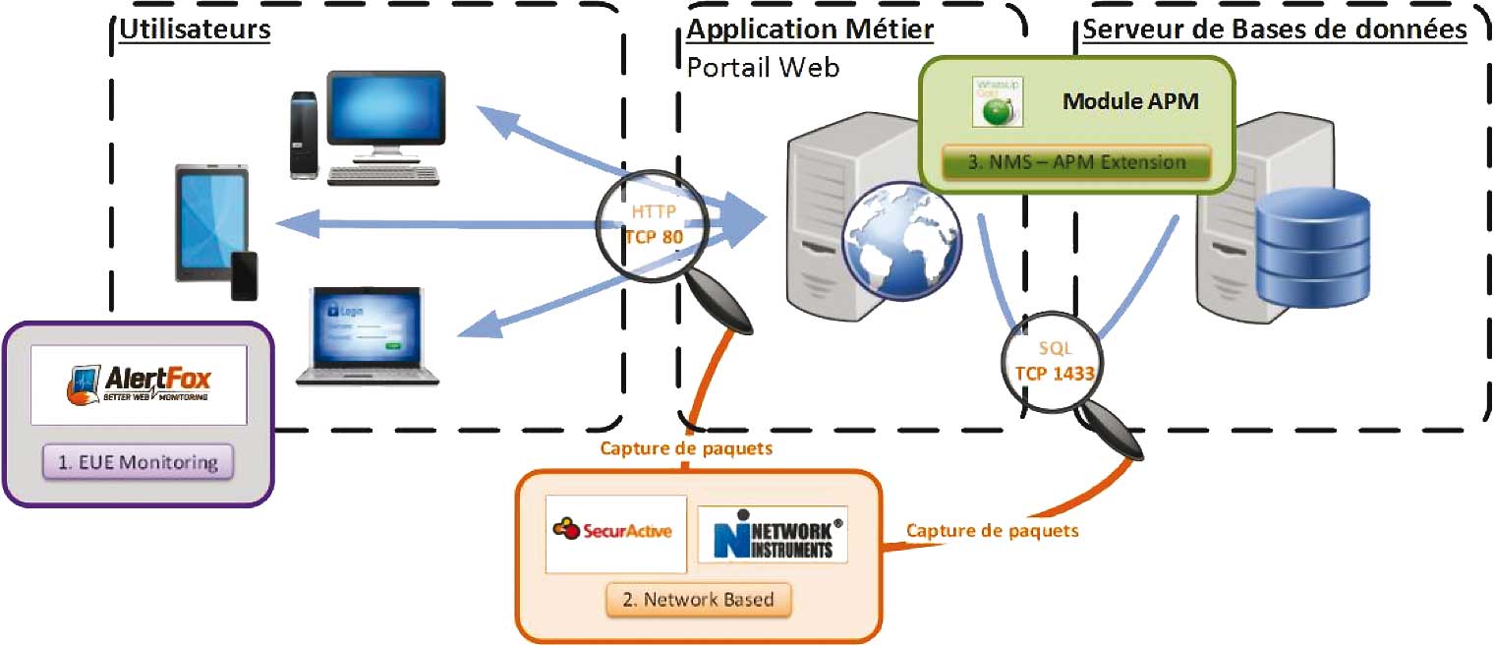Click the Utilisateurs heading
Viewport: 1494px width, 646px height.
click(x=195, y=29)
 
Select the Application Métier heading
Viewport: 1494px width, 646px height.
click(x=810, y=29)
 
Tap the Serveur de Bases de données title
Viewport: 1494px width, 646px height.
click(x=1274, y=29)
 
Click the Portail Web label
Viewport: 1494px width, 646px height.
click(x=763, y=67)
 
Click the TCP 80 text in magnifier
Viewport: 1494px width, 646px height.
click(x=654, y=236)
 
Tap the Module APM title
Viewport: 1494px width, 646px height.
click(x=1130, y=100)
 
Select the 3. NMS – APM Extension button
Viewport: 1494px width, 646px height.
click(x=1076, y=161)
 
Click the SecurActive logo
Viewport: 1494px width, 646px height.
click(x=616, y=532)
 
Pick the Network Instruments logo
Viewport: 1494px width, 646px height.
click(x=772, y=534)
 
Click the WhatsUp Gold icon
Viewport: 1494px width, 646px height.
click(x=998, y=101)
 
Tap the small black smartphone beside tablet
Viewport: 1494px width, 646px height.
click(x=244, y=275)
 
